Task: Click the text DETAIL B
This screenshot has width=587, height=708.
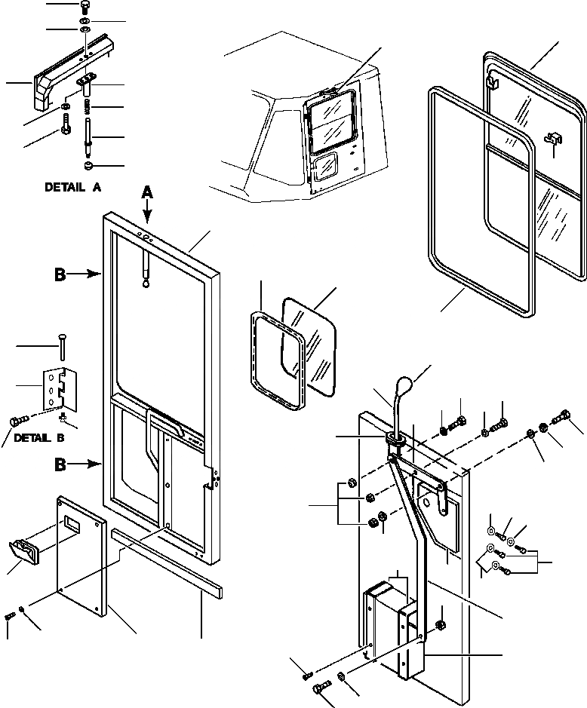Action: [x=39, y=437]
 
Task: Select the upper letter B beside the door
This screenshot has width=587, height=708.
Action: [x=60, y=275]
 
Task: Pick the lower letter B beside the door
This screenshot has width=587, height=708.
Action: [x=60, y=464]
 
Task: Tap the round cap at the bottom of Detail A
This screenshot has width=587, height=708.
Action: [x=89, y=164]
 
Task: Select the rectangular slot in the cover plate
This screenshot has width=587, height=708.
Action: [x=76, y=521]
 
